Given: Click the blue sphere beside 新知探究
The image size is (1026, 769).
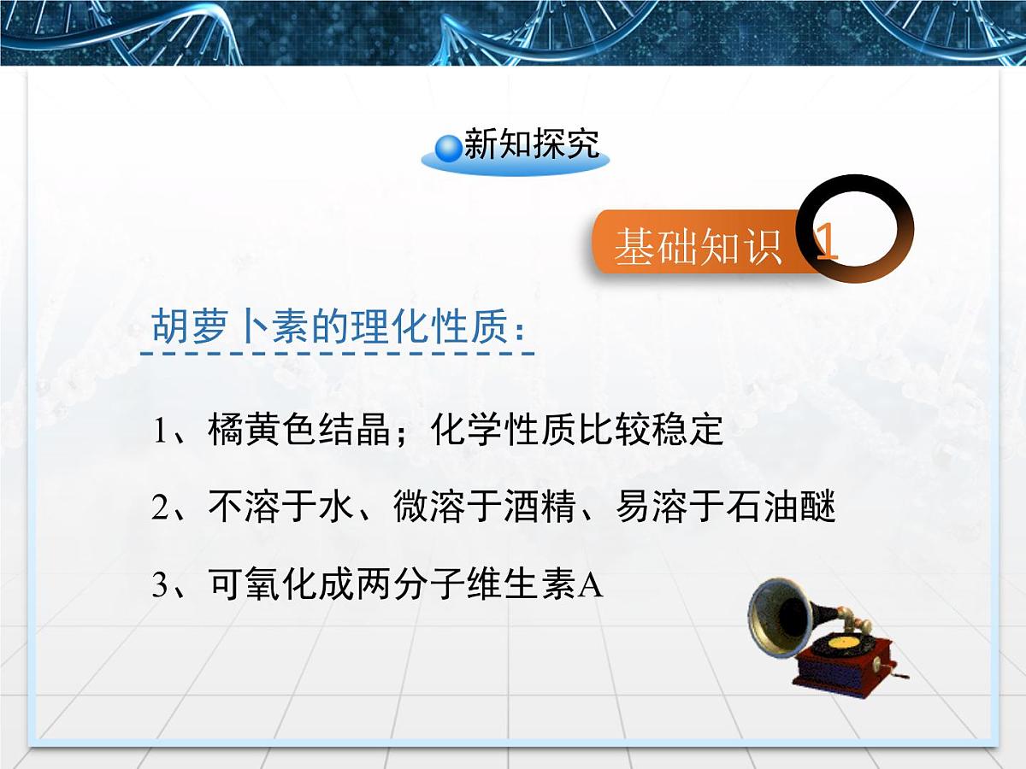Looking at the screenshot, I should click(x=448, y=148).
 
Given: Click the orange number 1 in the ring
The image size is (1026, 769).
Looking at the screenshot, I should click(x=827, y=244).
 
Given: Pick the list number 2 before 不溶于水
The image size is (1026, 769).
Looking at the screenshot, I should click(x=161, y=508).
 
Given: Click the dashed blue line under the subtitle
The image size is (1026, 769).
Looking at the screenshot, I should click(x=337, y=353).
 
